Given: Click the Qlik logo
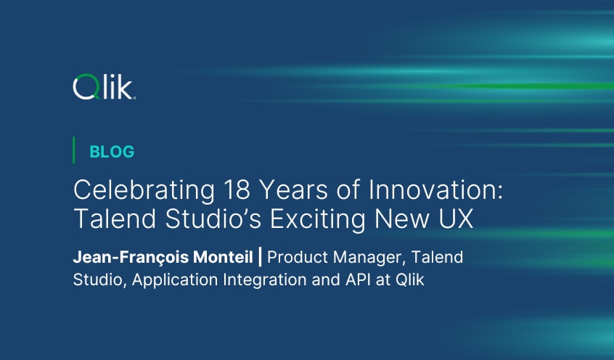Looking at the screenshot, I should pyautogui.click(x=104, y=89).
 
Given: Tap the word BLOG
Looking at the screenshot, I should pyautogui.click(x=112, y=152).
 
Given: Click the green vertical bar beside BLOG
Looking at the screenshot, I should pyautogui.click(x=74, y=150).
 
